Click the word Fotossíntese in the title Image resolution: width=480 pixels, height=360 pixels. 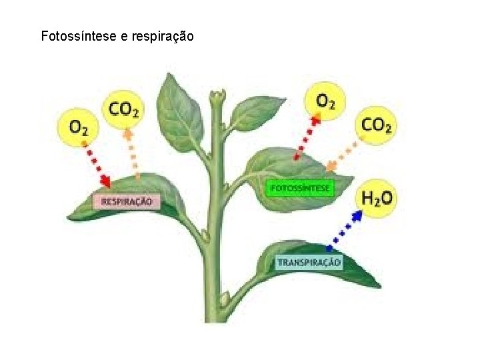pyautogui.click(x=79, y=36)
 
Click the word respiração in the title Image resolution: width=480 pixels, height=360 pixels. pyautogui.click(x=163, y=37)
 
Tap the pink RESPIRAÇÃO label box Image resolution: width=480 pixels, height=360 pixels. pyautogui.click(x=127, y=201)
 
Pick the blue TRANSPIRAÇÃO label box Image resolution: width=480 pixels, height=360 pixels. pyautogui.click(x=309, y=262)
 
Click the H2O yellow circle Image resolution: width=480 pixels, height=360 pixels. pyautogui.click(x=377, y=198)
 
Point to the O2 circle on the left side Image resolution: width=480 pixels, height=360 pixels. pyautogui.click(x=79, y=126)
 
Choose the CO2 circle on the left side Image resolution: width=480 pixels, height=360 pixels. pyautogui.click(x=124, y=108)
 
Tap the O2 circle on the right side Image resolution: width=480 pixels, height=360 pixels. pyautogui.click(x=326, y=101)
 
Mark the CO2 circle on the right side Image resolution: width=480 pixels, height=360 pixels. pyautogui.click(x=377, y=124)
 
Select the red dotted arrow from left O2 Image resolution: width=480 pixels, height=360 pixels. pyautogui.click(x=95, y=164)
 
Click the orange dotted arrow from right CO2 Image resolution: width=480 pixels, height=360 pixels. pyautogui.click(x=344, y=154)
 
